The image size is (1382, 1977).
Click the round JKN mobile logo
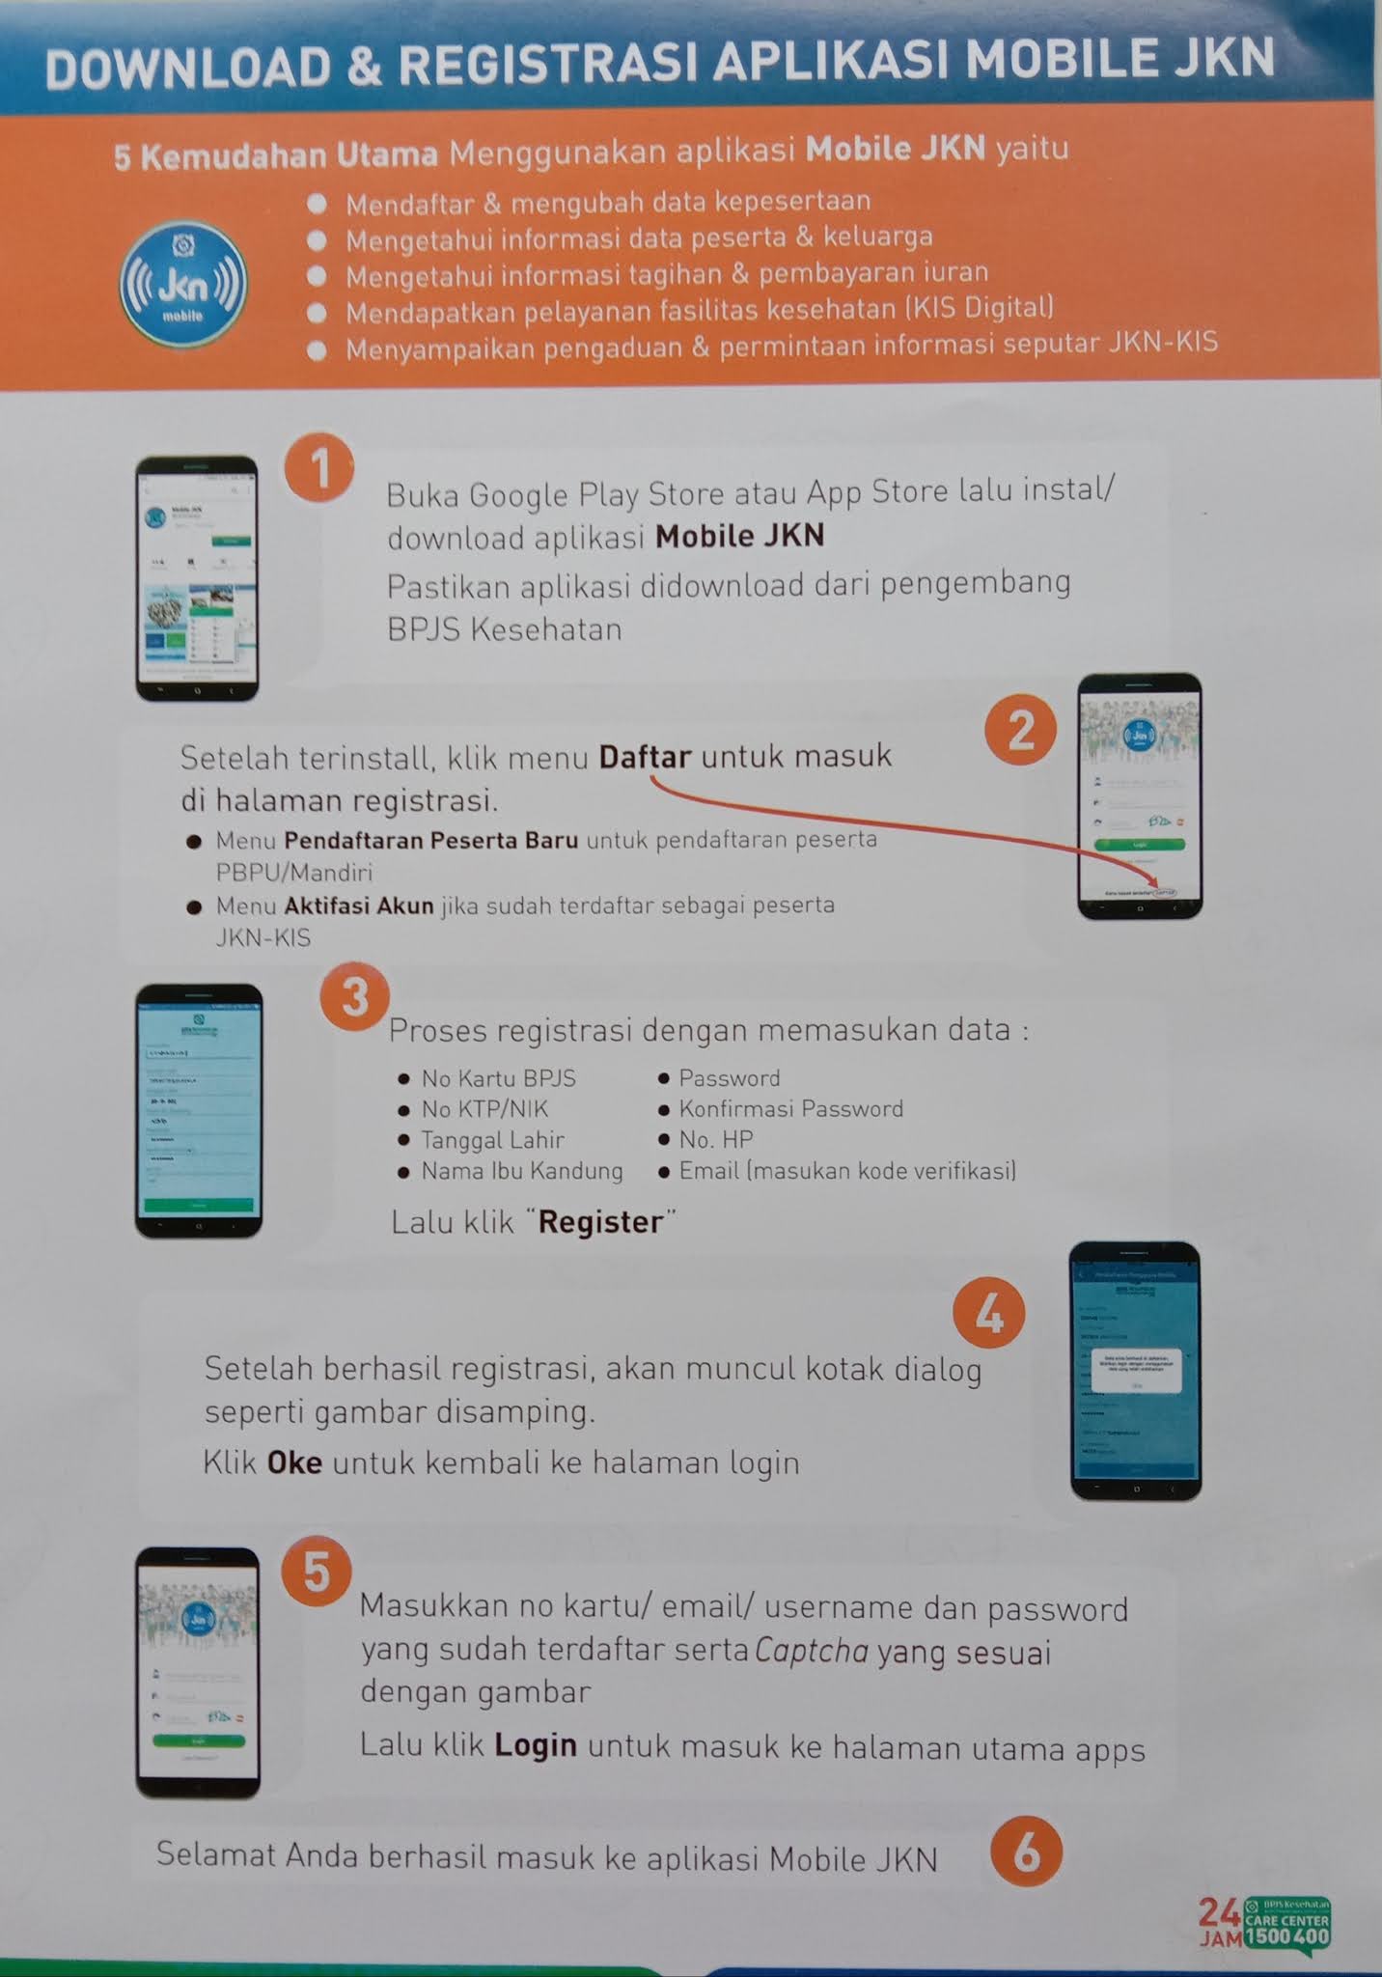click(181, 284)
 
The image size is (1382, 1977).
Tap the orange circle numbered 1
click(318, 469)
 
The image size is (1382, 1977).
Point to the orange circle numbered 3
click(354, 997)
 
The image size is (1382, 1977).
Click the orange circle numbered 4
click(988, 1314)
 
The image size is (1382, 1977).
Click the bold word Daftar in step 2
click(645, 756)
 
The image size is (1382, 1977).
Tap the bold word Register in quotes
click(600, 1222)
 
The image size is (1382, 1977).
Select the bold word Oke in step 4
click(294, 1462)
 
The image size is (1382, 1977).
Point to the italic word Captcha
click(812, 1650)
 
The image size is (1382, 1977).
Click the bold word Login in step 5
click(536, 1745)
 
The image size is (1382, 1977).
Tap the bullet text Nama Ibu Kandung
click(522, 1171)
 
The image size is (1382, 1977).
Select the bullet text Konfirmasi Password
click(790, 1108)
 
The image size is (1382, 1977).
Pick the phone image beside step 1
click(197, 577)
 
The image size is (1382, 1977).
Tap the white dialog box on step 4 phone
click(1136, 1369)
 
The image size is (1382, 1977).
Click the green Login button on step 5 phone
click(198, 1740)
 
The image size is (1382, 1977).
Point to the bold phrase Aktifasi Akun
click(358, 905)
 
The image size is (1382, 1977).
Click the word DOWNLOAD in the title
click(187, 68)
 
